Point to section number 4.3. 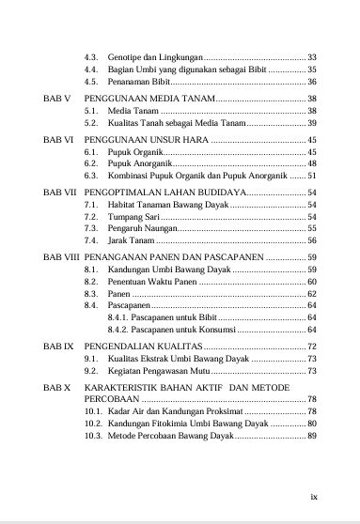click(x=92, y=57)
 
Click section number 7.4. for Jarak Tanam click(x=92, y=241)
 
